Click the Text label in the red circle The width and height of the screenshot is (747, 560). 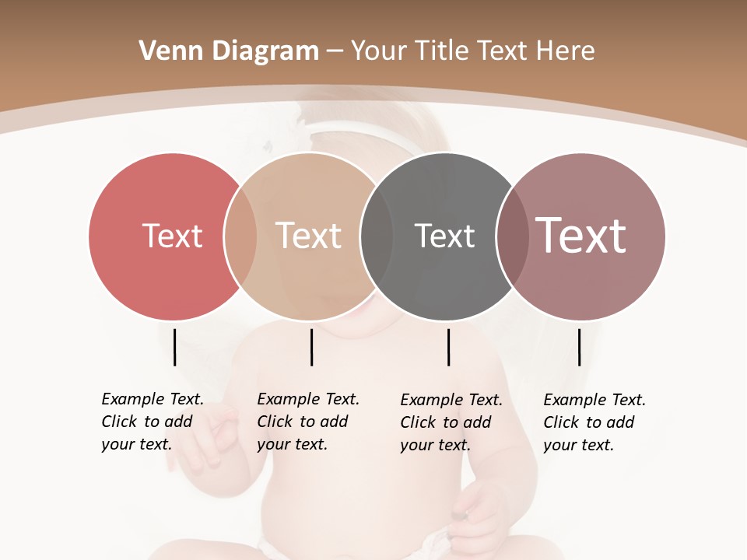pos(172,236)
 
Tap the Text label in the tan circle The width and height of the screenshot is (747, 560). pos(308,236)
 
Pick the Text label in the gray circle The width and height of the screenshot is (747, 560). pos(444,236)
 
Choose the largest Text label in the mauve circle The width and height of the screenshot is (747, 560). pos(581,236)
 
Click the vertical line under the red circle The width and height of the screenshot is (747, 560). pos(174,347)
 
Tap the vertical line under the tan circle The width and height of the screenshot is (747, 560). pos(311,347)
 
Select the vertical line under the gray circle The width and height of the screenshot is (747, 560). pos(448,347)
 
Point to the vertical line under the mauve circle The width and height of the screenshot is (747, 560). pos(579,347)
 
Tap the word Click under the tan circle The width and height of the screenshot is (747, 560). pos(275,422)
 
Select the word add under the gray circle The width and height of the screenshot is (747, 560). pos(477,422)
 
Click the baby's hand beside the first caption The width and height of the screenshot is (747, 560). pos(214,436)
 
